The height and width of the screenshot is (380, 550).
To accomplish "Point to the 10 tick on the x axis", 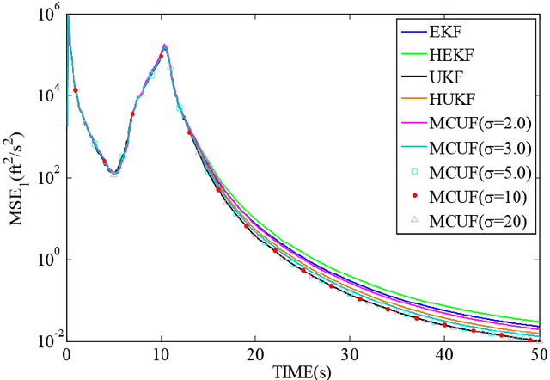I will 161,353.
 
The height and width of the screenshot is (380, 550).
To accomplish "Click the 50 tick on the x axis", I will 536,353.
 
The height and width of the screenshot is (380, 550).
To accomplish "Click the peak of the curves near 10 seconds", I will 164,46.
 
